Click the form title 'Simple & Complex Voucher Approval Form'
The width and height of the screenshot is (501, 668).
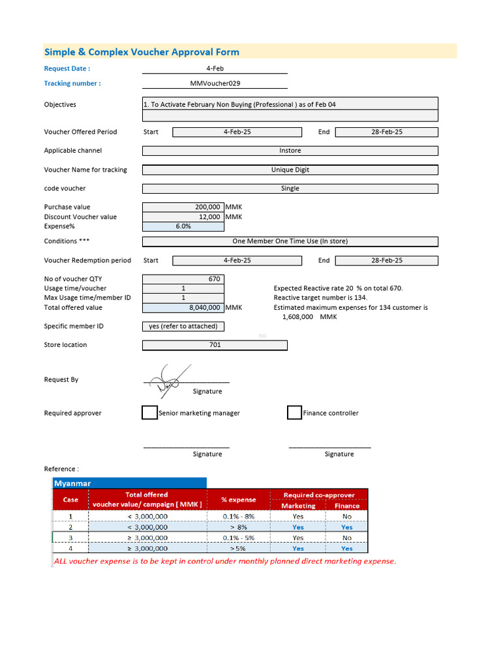(x=142, y=52)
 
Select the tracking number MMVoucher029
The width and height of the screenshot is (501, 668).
(x=215, y=83)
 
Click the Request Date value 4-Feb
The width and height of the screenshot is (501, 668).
(x=215, y=68)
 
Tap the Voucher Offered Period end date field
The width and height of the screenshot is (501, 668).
(x=386, y=132)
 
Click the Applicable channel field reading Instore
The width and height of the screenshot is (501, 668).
(x=290, y=151)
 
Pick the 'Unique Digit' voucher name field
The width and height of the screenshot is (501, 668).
(x=290, y=170)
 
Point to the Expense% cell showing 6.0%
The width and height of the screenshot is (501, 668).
(x=183, y=226)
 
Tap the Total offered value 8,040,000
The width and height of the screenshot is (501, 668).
(x=204, y=307)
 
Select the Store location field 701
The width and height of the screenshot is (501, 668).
(x=215, y=345)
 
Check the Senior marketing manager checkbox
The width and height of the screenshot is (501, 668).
(x=149, y=413)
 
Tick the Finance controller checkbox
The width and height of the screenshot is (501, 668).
(x=294, y=413)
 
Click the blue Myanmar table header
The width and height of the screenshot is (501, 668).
(x=129, y=483)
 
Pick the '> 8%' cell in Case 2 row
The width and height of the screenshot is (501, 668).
(x=238, y=527)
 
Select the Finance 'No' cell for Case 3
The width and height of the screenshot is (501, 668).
(x=346, y=538)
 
